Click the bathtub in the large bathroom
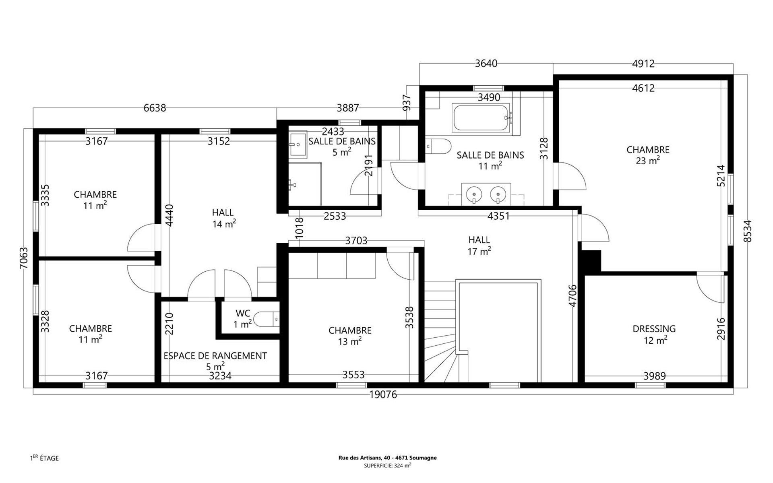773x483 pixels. click(482, 118)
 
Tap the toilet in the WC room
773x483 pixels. click(267, 319)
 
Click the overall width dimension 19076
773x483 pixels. click(383, 395)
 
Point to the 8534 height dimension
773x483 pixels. click(747, 231)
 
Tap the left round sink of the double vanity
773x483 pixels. click(474, 194)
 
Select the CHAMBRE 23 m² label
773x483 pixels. click(648, 155)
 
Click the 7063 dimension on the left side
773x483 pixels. click(24, 258)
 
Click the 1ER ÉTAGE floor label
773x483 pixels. click(44, 458)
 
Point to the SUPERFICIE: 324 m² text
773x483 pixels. click(387, 466)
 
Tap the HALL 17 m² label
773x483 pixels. click(479, 246)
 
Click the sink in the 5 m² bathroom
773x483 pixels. click(298, 144)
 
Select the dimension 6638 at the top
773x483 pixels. click(155, 108)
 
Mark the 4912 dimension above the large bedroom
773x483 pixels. click(643, 64)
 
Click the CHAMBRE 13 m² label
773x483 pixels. click(350, 336)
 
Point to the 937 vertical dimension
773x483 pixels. click(407, 103)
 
